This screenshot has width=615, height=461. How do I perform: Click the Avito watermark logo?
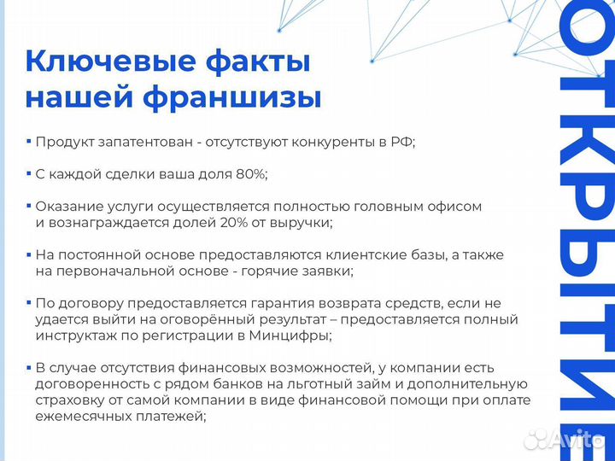pyautogui.click(x=565, y=440)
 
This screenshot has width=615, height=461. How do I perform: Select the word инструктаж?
pyautogui.click(x=73, y=336)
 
